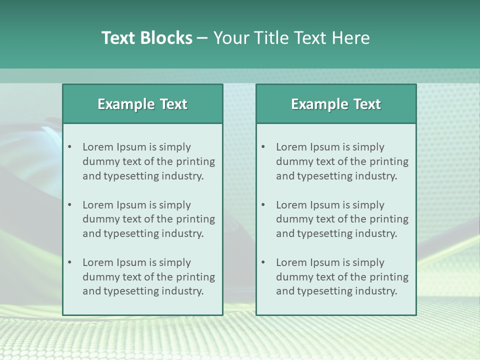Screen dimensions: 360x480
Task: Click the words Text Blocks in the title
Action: point(146,38)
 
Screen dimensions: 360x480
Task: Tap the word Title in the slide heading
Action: point(269,38)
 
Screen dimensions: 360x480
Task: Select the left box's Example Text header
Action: point(142,104)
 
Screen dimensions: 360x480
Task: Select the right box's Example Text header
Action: point(336,104)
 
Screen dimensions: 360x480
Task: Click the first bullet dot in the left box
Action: point(70,147)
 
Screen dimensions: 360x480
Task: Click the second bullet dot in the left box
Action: point(70,205)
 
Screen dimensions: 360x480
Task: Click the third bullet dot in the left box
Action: point(70,262)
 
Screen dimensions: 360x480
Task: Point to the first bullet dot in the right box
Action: point(263,147)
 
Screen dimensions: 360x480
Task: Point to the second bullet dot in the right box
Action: point(263,205)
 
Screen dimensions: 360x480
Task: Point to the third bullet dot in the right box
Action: point(263,262)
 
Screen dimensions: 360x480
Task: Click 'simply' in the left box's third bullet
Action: point(175,262)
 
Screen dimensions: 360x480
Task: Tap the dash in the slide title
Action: point(202,38)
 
